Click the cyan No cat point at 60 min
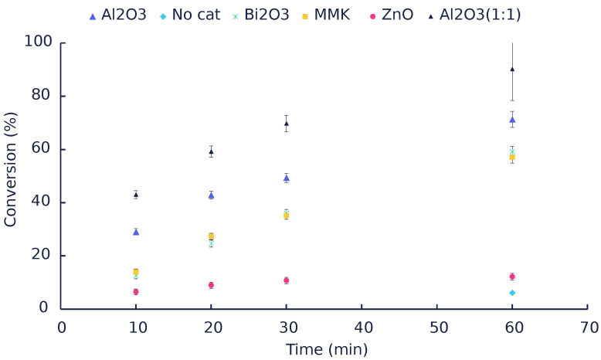pos(511,293)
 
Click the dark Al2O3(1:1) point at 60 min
pos(511,69)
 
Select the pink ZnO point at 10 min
pos(136,292)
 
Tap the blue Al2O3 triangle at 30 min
pos(286,178)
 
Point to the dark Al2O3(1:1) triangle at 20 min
pos(211,151)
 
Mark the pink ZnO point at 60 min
pos(511,277)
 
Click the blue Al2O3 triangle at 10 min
pos(136,232)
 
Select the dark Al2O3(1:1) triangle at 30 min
pos(286,123)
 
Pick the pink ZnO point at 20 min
pos(211,285)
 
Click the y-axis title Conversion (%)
pos(11,175)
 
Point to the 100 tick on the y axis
pos(36,42)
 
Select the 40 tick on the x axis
pos(361,327)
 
